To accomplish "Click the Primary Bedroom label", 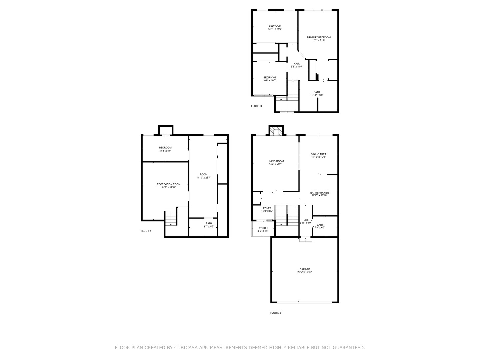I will (319, 38).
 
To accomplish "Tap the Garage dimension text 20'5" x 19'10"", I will (305, 272).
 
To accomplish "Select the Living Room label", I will (276, 161).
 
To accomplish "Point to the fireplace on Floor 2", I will (276, 132).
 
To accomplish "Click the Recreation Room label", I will (169, 184).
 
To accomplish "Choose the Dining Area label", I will (318, 154).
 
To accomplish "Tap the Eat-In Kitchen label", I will (319, 193).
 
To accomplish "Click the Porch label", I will (263, 228).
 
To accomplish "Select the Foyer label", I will (267, 208).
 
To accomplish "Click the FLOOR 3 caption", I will (256, 106).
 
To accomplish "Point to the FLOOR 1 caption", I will (146, 231).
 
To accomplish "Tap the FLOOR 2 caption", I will (275, 313).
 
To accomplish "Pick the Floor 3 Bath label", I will (317, 92).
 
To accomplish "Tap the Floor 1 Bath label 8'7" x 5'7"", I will (209, 224).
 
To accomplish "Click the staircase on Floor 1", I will (170, 218).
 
